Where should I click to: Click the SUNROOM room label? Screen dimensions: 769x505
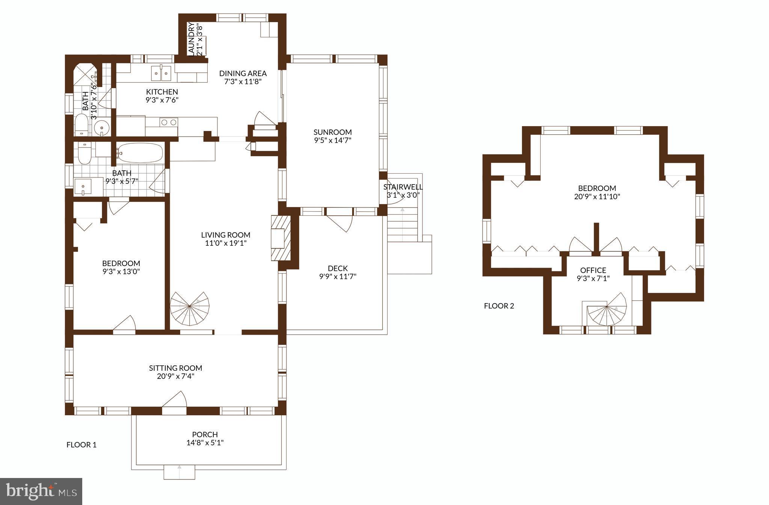click(333, 132)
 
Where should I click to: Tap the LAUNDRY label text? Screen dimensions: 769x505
click(191, 39)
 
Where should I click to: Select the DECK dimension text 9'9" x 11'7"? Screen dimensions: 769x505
click(338, 277)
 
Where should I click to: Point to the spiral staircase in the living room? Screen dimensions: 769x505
click(190, 309)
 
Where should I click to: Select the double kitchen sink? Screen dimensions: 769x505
click(161, 73)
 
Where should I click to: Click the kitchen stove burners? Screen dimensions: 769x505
click(169, 122)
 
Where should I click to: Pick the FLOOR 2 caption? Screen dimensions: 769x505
click(499, 306)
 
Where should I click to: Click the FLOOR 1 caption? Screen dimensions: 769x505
click(81, 445)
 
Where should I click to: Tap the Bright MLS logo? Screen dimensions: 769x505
click(41, 491)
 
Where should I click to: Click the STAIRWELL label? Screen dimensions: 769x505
click(403, 187)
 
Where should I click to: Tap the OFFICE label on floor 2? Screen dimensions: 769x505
click(593, 270)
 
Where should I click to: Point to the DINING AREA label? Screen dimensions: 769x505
click(243, 73)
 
